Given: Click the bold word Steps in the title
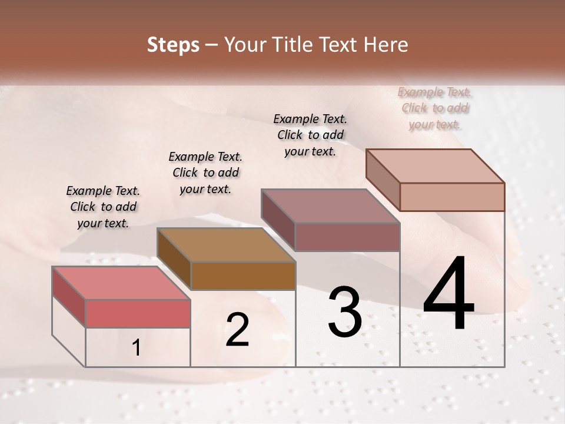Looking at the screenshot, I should pyautogui.click(x=173, y=45).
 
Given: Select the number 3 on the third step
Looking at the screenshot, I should pyautogui.click(x=345, y=312).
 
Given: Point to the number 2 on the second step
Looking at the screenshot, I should pyautogui.click(x=237, y=330).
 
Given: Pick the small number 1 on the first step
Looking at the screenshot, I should pyautogui.click(x=137, y=348).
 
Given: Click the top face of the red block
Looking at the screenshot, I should pyautogui.click(x=121, y=282).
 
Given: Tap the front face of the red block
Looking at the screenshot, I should pyautogui.click(x=138, y=313).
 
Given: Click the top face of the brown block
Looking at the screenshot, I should pyautogui.click(x=226, y=244).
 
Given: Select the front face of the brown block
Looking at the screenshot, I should pyautogui.click(x=242, y=276).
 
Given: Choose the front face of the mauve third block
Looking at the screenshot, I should pyautogui.click(x=347, y=237).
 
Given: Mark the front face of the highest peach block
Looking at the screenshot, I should pyautogui.click(x=452, y=197).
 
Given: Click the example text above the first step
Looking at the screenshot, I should pyautogui.click(x=103, y=207).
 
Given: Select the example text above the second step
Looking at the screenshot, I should pyautogui.click(x=205, y=173).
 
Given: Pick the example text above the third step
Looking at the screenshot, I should pyautogui.click(x=310, y=135).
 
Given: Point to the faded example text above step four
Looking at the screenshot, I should pyautogui.click(x=435, y=108).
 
